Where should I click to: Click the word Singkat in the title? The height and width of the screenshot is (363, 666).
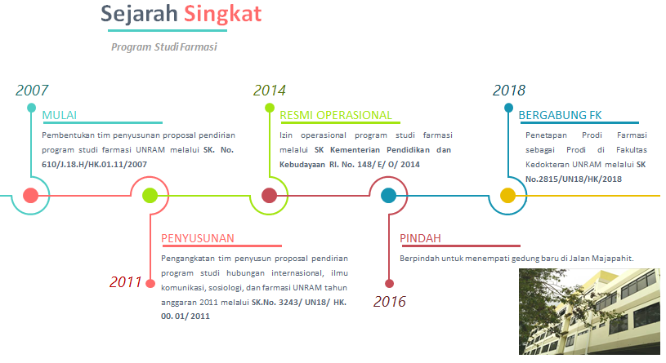[x=222, y=15]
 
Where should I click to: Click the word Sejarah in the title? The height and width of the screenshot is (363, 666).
[x=139, y=15]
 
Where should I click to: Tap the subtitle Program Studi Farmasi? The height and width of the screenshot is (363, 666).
[x=164, y=46]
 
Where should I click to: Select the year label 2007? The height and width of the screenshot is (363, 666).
[x=32, y=90]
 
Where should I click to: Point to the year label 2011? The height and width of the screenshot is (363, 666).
[x=125, y=282]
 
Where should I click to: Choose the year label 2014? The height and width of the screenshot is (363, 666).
[x=270, y=90]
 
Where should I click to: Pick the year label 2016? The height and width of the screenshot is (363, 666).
[x=390, y=302]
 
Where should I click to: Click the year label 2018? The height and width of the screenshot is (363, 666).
[x=509, y=90]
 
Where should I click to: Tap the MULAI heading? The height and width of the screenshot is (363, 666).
[x=60, y=115]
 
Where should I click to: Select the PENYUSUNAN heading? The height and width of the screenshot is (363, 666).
[x=198, y=238]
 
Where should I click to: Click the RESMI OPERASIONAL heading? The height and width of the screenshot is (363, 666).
[x=336, y=115]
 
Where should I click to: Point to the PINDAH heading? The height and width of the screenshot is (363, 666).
[x=420, y=238]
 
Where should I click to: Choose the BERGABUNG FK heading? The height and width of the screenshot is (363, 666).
[x=560, y=115]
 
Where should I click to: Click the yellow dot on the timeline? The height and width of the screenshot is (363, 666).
[x=507, y=196]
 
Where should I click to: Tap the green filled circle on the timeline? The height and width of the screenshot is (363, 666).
[x=150, y=196]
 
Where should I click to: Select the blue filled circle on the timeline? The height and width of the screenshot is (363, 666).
[x=388, y=196]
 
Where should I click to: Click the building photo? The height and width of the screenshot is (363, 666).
[x=589, y=312]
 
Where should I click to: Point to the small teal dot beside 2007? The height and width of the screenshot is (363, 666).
[x=31, y=108]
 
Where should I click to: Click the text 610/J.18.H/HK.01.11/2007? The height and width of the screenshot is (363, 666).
[x=94, y=165]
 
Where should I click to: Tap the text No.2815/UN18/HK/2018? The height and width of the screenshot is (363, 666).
[x=574, y=179]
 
